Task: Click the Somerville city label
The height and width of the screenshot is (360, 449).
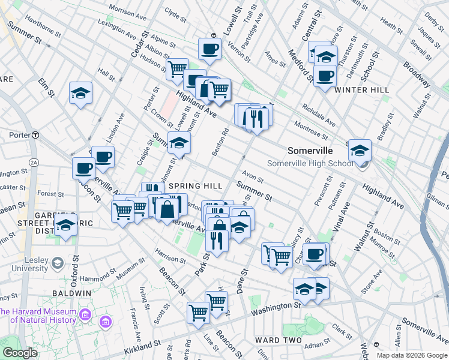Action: (310, 150)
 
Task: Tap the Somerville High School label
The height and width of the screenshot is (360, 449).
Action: (310, 163)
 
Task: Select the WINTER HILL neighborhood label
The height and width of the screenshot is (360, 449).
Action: (362, 90)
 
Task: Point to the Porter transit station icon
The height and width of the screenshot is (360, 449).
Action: (35, 135)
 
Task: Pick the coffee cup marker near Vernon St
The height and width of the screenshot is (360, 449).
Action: (210, 49)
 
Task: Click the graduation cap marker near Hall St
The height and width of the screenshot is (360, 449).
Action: (80, 93)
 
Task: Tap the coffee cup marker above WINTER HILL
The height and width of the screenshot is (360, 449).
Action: (325, 76)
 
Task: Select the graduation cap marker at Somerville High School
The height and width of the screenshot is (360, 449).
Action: (360, 150)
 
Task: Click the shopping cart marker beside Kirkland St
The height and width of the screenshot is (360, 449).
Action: (198, 313)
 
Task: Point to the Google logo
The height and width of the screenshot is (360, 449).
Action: (20, 352)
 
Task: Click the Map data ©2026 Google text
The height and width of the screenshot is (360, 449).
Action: (412, 355)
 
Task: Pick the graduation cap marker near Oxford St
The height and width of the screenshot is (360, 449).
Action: (66, 226)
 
